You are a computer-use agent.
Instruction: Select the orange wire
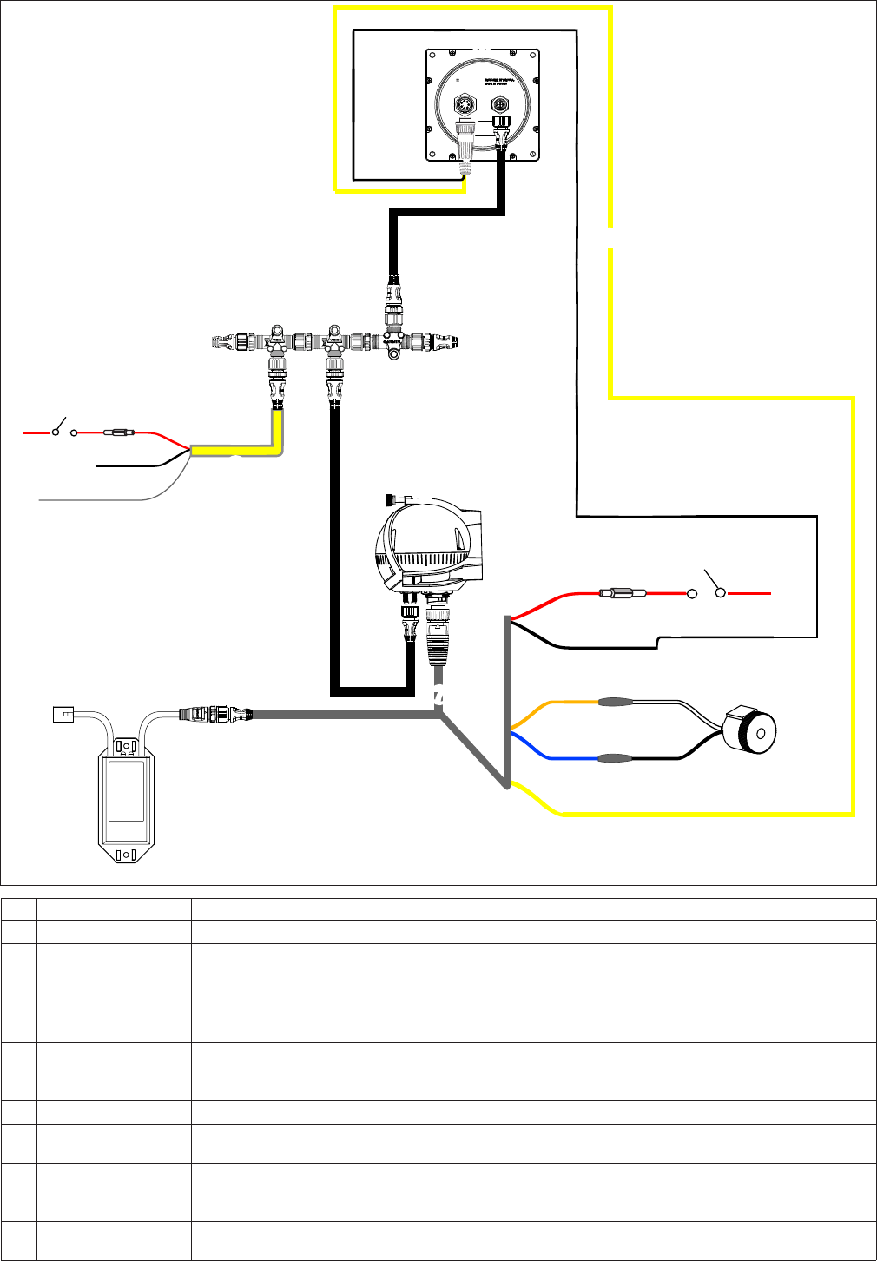point(556,702)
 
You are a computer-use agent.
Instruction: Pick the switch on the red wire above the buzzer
point(706,591)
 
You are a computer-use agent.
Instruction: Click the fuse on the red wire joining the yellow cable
point(120,431)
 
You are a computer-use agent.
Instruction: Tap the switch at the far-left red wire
point(62,429)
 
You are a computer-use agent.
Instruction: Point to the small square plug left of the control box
point(62,714)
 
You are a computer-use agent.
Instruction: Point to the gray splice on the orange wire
point(616,701)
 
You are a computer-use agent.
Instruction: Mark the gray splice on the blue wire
point(616,757)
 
